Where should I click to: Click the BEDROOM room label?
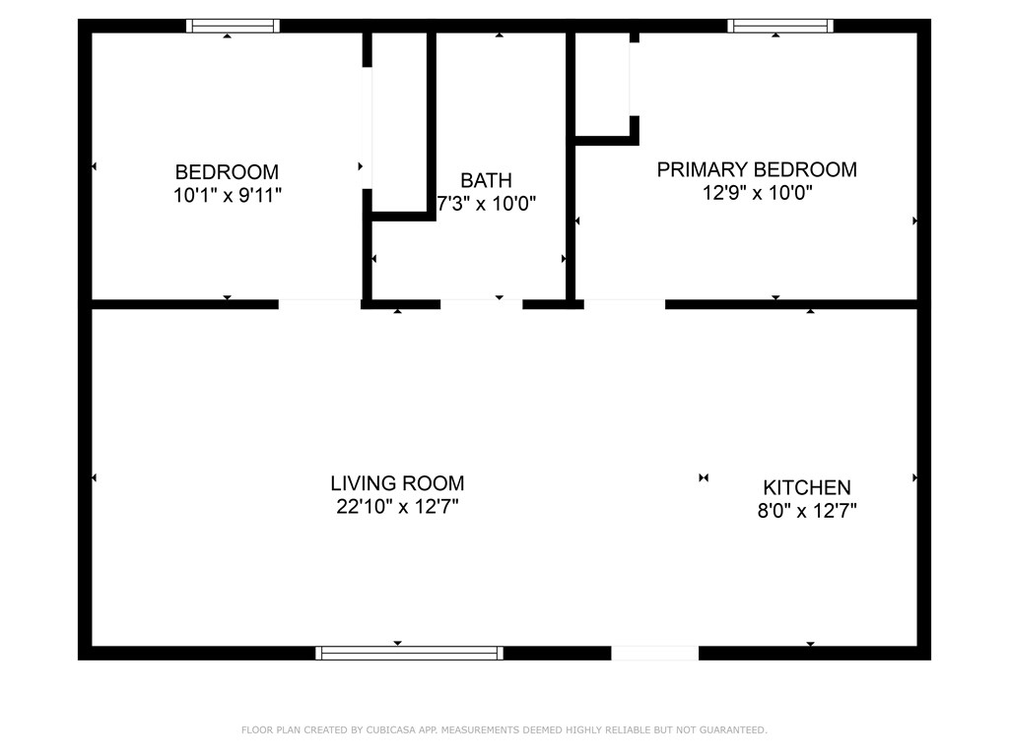coord(227,172)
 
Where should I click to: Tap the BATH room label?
coord(486,180)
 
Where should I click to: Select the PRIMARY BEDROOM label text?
coord(757,169)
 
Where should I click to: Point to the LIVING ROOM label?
coord(397,483)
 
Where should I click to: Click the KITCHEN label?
coord(807,487)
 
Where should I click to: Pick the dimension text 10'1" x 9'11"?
coord(228,195)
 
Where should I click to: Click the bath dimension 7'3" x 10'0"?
coord(487,204)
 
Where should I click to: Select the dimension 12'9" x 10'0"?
coord(758,192)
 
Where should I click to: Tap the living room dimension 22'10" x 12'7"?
coord(397,507)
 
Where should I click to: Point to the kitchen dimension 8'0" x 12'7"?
coord(807,511)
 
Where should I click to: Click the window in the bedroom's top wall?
coord(233,26)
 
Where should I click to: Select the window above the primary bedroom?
coord(780,26)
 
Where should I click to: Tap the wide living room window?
coord(409,654)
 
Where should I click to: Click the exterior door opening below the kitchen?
coord(654,654)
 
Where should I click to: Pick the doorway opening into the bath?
coord(481,304)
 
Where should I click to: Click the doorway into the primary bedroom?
coord(624,304)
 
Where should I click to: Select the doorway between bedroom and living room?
coord(319,304)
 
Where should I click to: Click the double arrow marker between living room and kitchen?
coord(704,477)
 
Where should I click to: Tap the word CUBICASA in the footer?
coord(390,729)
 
